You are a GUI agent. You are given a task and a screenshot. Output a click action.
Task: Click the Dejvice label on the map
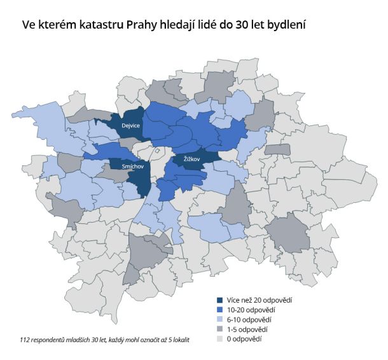(x=130, y=126)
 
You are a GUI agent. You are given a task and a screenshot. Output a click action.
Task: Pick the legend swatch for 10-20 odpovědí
(x=220, y=310)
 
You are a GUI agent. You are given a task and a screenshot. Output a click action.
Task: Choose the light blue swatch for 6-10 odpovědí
(x=220, y=319)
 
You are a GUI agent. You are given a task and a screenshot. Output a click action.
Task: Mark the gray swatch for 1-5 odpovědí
(x=220, y=329)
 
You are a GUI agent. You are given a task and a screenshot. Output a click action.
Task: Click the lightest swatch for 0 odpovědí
(x=220, y=339)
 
